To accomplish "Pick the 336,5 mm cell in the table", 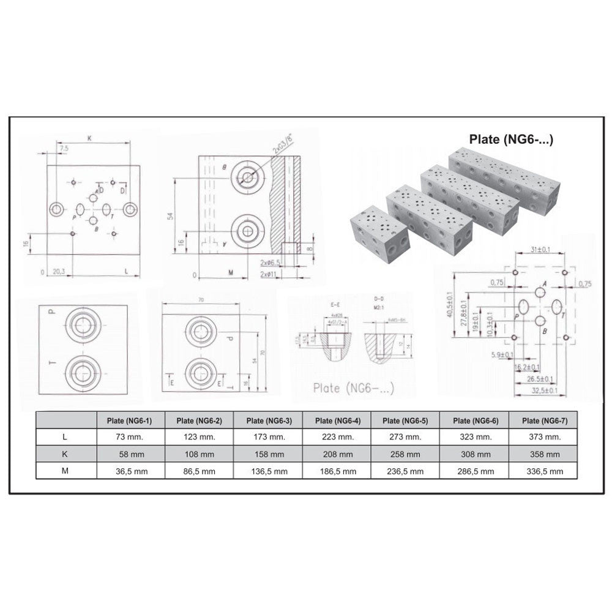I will tap(545, 471).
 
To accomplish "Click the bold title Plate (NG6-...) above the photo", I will tap(511, 139).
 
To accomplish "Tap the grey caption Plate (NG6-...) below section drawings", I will tap(353, 387).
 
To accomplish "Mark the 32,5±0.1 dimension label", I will tap(544, 390).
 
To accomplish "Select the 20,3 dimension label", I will tap(59, 270).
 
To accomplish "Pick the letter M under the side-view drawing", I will tap(231, 271).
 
